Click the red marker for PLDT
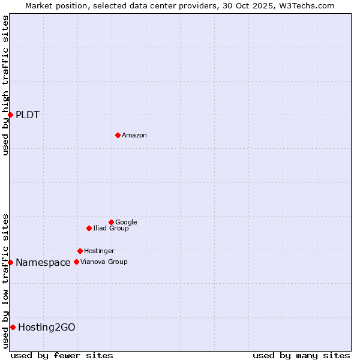click(x=10, y=115)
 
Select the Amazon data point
click(x=118, y=135)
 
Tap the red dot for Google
click(x=111, y=222)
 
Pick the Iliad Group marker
click(x=89, y=228)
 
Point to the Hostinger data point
click(x=80, y=251)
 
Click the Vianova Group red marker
click(x=76, y=262)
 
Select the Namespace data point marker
click(x=10, y=262)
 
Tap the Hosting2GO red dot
click(x=13, y=327)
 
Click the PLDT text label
click(x=28, y=115)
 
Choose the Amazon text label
click(x=134, y=136)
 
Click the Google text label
click(x=126, y=223)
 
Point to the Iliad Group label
click(x=111, y=229)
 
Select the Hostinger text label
click(x=99, y=251)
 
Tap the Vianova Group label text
click(x=104, y=262)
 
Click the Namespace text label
click(x=43, y=263)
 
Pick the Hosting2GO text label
click(x=47, y=328)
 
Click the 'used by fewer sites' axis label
click(x=62, y=355)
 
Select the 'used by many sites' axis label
click(x=301, y=355)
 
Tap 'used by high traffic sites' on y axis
click(x=5, y=85)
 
